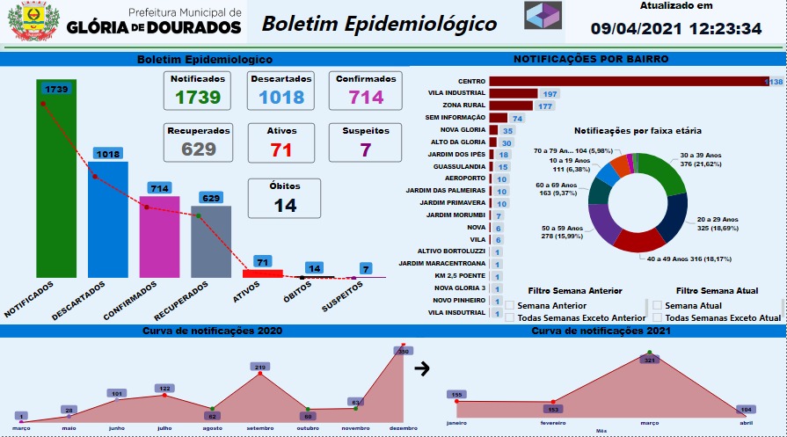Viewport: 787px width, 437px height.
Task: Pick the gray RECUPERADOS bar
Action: [x=211, y=241]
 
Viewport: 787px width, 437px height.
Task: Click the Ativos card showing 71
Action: [x=281, y=142]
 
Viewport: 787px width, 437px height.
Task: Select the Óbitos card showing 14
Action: [x=281, y=197]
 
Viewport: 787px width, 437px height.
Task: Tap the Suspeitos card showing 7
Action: [x=365, y=142]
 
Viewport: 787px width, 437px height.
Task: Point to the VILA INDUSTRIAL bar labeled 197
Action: [x=514, y=93]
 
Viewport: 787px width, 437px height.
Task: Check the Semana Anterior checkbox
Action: [x=509, y=305]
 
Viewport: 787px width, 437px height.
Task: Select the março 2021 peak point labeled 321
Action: [x=650, y=353]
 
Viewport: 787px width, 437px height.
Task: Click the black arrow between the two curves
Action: [x=421, y=368]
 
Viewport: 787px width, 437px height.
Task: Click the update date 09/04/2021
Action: [x=633, y=29]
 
